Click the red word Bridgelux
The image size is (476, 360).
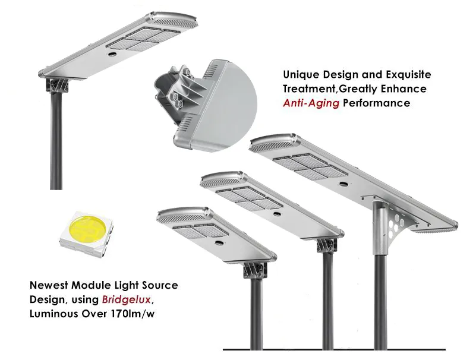pyautogui.click(x=127, y=299)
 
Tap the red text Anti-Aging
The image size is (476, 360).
pyautogui.click(x=311, y=103)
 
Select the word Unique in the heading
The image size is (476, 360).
pyautogui.click(x=301, y=75)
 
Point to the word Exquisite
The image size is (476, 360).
pyautogui.click(x=408, y=75)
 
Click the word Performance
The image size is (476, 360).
pyautogui.click(x=376, y=103)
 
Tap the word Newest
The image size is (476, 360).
pyautogui.click(x=49, y=285)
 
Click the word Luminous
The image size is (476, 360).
pyautogui.click(x=54, y=314)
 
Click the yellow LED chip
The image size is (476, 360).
pyautogui.click(x=86, y=234)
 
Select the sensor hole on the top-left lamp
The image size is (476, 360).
pyautogui.click(x=113, y=54)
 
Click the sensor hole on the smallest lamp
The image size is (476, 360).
pyautogui.click(x=218, y=242)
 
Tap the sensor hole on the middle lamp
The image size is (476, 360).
pyautogui.click(x=276, y=214)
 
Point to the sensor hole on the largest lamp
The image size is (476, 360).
pyautogui.click(x=343, y=184)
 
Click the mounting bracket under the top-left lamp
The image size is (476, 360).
pyautogui.click(x=57, y=86)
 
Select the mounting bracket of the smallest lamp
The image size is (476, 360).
pyautogui.click(x=256, y=270)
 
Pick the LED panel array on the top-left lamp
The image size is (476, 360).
pyautogui.click(x=143, y=39)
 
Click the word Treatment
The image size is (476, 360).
pyautogui.click(x=309, y=89)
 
